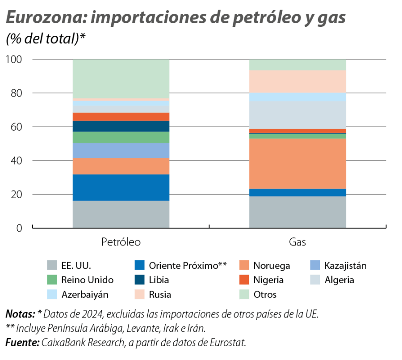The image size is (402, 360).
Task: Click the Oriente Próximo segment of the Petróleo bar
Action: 121,187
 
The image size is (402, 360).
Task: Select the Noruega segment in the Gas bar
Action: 297,164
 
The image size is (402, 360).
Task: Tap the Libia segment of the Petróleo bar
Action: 121,126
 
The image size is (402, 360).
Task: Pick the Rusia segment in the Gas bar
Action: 297,81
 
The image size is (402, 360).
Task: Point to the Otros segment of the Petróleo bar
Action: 121,79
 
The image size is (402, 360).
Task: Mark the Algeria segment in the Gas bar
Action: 297,115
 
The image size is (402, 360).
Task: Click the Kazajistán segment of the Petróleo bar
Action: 121,151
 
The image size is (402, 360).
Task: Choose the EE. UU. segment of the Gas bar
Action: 297,212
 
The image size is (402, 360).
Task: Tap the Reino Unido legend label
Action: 88,280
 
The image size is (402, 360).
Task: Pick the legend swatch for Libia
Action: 140,280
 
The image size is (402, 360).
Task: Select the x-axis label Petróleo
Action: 121,242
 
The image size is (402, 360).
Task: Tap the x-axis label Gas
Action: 297,242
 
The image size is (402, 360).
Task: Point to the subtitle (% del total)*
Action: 45,39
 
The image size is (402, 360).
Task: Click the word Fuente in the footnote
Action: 22,343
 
